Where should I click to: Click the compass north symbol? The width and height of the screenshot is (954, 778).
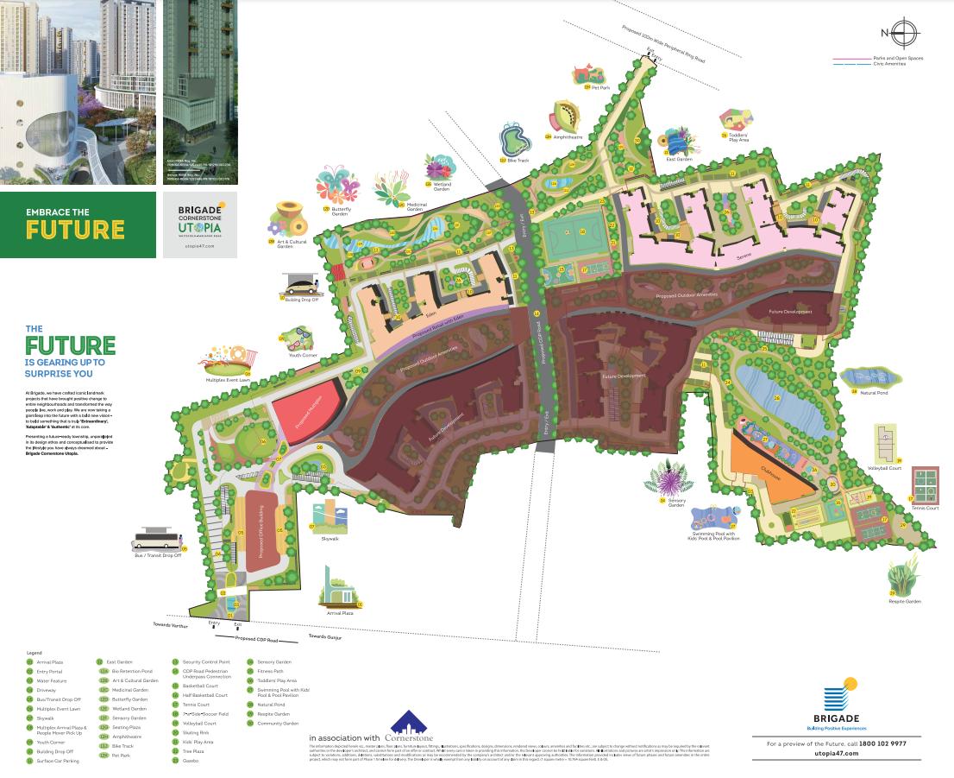[902, 33]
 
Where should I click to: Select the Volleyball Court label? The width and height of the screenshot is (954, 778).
[884, 468]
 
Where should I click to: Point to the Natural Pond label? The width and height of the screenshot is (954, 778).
[875, 393]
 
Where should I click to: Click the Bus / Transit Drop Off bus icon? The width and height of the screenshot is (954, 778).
[156, 539]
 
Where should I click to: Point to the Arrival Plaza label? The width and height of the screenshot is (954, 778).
[340, 613]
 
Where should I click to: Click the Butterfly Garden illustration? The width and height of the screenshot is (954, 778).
[336, 186]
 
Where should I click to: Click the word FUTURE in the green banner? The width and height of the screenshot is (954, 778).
[75, 230]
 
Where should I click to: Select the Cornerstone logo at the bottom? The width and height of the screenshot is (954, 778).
[407, 731]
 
